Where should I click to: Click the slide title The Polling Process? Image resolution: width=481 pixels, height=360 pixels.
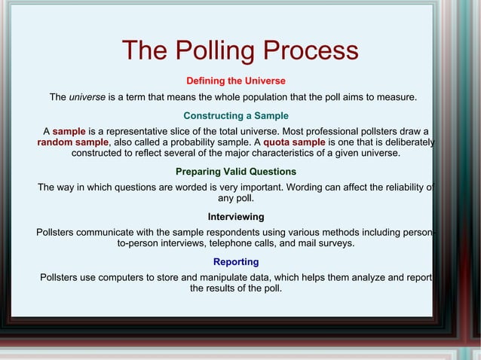[x=240, y=50]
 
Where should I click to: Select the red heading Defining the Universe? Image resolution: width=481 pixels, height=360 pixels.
[x=235, y=81]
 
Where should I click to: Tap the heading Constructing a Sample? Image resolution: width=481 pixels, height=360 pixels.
[x=235, y=115]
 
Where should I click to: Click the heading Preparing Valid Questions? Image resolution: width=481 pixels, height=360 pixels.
[x=235, y=172]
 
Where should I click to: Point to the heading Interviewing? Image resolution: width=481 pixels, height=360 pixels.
[x=235, y=217]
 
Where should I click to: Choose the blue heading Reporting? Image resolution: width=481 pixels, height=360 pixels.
[x=235, y=262]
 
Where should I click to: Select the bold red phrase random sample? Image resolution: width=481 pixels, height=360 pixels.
[x=73, y=142]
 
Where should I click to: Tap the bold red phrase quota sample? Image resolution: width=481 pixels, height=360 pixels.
[x=294, y=142]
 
